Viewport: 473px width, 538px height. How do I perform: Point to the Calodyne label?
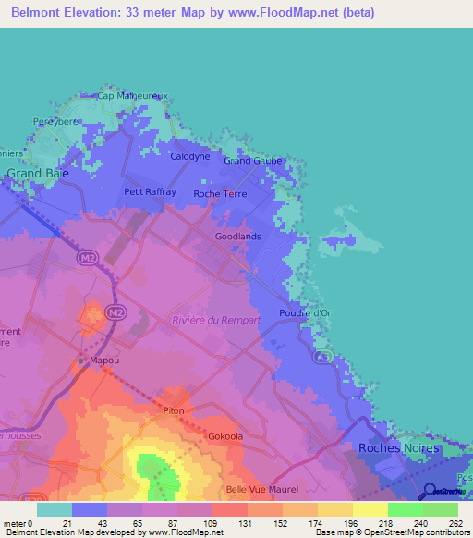(190, 157)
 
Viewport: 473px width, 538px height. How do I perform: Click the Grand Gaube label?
(252, 160)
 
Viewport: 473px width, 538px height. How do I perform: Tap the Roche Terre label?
(219, 194)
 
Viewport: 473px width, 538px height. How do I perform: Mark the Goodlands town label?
(237, 237)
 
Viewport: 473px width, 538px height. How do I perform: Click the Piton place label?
(174, 410)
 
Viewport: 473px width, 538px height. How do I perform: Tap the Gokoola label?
(225, 435)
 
